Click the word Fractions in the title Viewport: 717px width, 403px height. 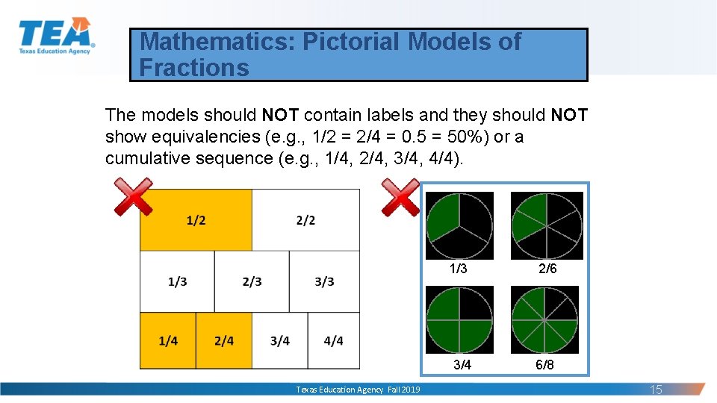(x=194, y=68)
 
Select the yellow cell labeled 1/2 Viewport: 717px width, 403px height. (x=196, y=220)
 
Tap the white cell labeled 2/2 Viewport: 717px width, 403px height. (x=305, y=220)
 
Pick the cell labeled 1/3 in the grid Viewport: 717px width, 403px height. (x=177, y=281)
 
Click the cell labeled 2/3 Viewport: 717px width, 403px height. (x=252, y=281)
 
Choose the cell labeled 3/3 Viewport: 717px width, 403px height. (x=324, y=281)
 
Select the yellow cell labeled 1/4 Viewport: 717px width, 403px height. (x=168, y=341)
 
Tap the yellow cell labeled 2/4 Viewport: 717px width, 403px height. (x=223, y=341)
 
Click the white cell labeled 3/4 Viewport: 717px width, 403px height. (x=279, y=341)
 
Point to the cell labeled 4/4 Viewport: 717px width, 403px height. (x=334, y=341)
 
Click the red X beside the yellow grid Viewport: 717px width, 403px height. (x=133, y=197)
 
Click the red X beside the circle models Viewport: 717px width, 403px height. (x=400, y=197)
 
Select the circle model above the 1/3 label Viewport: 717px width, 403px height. (x=459, y=225)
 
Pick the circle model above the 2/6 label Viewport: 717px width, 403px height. (x=547, y=225)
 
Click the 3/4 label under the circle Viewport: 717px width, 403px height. (x=462, y=365)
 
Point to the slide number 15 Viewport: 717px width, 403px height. (x=656, y=390)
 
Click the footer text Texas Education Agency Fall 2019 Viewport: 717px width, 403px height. (x=358, y=390)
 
